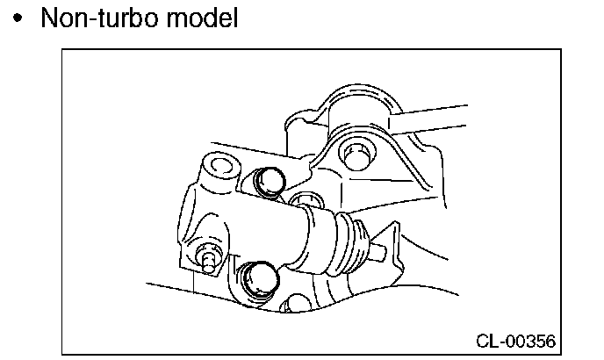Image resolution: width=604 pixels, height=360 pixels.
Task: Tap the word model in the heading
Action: [205, 18]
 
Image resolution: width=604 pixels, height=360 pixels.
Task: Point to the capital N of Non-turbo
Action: [49, 18]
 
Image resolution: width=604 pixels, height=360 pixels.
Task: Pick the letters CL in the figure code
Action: [489, 339]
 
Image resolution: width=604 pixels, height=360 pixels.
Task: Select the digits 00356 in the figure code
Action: [530, 339]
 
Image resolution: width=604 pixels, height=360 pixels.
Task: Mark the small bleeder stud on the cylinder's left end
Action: [207, 259]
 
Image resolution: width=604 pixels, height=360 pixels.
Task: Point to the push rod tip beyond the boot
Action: [379, 254]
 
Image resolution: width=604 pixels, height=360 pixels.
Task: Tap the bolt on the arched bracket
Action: [358, 150]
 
